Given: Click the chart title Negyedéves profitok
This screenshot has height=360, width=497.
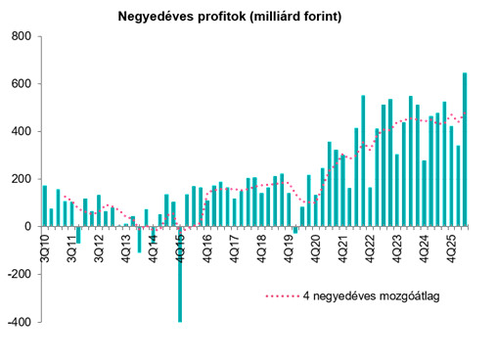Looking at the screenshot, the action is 182,17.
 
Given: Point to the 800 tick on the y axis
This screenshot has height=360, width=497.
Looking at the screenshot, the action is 22,36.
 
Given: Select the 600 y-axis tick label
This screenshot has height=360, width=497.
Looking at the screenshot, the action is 22,84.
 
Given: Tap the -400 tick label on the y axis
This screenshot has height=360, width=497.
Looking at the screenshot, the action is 20,322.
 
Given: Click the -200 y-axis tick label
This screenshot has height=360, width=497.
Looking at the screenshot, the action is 20,274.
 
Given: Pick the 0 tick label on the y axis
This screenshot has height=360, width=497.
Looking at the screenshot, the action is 28,227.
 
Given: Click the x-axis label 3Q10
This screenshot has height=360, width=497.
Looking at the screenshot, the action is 45,248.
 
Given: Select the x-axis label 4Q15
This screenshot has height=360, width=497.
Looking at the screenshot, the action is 180,248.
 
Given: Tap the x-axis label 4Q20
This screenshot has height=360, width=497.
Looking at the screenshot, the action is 316,248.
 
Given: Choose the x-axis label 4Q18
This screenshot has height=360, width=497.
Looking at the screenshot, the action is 262,248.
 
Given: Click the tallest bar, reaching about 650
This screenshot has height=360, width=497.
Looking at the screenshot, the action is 465,150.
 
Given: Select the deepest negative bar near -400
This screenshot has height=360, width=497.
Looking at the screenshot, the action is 180,274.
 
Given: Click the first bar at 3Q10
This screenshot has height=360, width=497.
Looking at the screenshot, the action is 45,205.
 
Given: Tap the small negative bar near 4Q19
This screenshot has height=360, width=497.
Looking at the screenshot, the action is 295,230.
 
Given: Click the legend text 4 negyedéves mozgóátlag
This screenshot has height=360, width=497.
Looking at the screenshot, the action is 372,296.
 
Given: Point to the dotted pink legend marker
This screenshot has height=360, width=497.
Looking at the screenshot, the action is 283,296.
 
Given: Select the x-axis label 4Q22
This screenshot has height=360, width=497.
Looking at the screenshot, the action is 370,248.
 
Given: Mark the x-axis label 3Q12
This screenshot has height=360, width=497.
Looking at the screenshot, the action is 99,248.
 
